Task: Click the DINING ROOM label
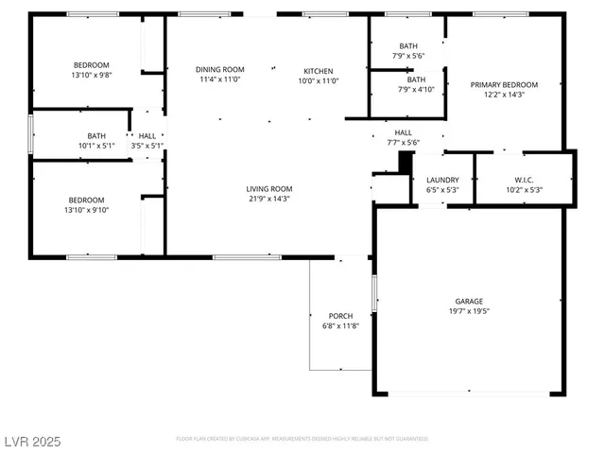tap(220, 69)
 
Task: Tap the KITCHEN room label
tap(318, 71)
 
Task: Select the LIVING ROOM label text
tap(269, 188)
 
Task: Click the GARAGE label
tap(469, 300)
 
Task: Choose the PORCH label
tap(340, 315)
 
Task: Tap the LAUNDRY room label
tap(442, 180)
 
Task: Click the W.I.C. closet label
tap(525, 180)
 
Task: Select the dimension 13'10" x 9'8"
tap(91, 75)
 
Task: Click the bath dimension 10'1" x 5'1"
tap(96, 146)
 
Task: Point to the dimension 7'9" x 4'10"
tap(408, 90)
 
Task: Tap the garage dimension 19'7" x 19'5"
tap(469, 310)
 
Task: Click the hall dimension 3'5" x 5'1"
tap(147, 146)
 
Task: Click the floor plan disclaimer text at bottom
tap(302, 439)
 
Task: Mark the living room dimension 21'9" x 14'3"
tap(269, 199)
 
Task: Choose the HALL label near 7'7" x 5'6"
tap(403, 132)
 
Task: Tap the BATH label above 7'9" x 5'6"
tap(408, 45)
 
